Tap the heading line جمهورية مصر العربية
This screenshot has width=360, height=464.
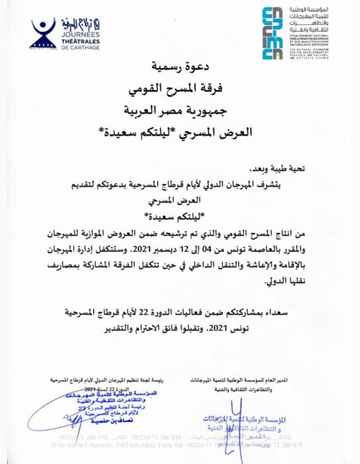coord(179,111)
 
